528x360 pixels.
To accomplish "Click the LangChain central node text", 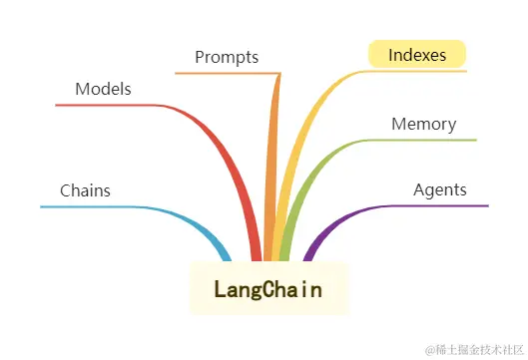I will [x=268, y=289].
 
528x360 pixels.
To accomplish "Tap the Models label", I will [x=103, y=89].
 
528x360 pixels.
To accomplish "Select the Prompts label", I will [x=227, y=57].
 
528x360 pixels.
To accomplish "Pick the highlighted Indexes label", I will [x=417, y=55].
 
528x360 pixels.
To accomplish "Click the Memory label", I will [x=423, y=125].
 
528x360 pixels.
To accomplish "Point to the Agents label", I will [x=439, y=189].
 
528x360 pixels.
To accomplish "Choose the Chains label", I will [x=85, y=189].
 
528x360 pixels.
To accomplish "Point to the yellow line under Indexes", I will [x=419, y=71].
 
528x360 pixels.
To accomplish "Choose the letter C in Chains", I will [x=65, y=189].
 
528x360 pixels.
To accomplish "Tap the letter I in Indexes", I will [x=390, y=55].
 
